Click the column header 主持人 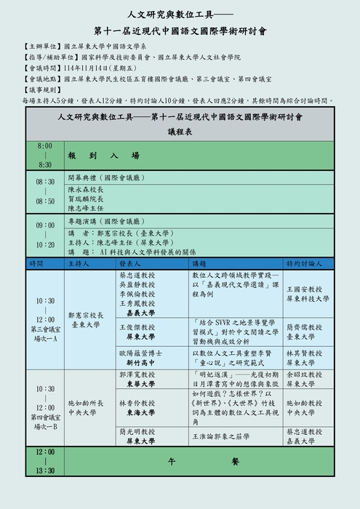[80, 263]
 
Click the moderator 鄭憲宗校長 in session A [86, 316]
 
